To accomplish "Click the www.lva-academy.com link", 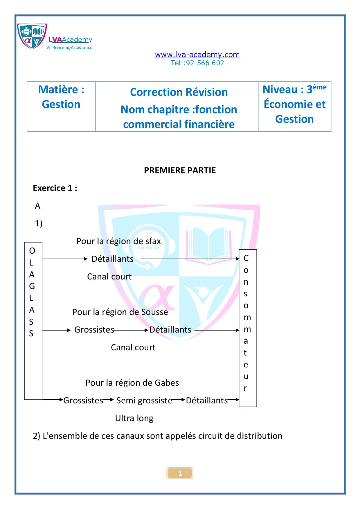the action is [197, 55].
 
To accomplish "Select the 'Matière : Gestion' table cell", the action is [61, 107].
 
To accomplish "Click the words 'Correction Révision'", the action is [179, 92].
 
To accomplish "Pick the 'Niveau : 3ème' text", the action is [295, 89].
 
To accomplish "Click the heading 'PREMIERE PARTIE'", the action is [180, 170].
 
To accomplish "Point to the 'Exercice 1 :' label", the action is [55, 188].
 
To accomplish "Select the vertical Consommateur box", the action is [248, 328].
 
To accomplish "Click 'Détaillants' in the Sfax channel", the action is [112, 259].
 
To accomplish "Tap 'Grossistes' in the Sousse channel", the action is [94, 330].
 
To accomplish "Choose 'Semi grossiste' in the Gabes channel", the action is [144, 400].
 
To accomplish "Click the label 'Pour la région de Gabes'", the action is [132, 383].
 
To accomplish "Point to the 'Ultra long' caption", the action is [134, 418].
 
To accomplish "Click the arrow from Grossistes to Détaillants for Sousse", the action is [131, 330].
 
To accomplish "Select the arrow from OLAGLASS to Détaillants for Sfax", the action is [65, 259].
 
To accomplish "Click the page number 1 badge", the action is [180, 473].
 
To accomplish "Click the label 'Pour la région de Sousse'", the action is [120, 312].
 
